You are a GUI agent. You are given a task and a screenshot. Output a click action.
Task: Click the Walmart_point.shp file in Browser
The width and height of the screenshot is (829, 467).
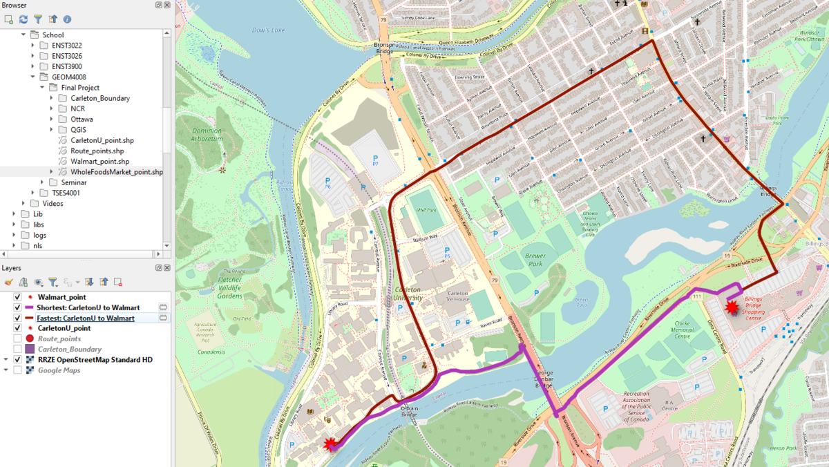(x=99, y=162)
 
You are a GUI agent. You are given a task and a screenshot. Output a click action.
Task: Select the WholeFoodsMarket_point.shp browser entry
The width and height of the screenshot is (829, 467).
(x=116, y=172)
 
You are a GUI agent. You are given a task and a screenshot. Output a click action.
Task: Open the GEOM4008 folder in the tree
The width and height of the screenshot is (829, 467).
(x=68, y=77)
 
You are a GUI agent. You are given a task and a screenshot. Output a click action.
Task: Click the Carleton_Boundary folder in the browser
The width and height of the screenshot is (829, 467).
(x=99, y=98)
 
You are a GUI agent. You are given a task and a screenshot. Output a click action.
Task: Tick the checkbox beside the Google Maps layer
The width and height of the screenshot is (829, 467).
(x=18, y=370)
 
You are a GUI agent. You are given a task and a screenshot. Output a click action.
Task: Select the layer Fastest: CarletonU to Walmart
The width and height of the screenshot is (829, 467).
(x=85, y=318)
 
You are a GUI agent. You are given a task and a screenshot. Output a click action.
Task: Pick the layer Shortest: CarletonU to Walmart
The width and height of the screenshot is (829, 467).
(x=88, y=307)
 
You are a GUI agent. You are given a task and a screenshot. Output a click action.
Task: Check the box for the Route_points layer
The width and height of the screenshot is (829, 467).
(x=18, y=339)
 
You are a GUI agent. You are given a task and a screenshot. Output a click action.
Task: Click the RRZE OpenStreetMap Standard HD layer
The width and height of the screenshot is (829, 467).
(x=95, y=360)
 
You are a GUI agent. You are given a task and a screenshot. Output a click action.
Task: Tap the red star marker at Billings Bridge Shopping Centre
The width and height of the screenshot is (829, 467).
(x=732, y=307)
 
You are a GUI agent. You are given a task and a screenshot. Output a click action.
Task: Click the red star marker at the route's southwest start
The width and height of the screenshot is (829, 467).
(x=331, y=444)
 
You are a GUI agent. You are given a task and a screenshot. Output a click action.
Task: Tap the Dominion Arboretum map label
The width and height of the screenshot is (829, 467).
(x=207, y=135)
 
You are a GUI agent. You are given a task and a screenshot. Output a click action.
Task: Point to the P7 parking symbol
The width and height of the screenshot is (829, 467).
(x=375, y=161)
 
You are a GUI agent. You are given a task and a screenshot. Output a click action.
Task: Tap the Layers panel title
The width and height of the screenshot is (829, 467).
(x=11, y=267)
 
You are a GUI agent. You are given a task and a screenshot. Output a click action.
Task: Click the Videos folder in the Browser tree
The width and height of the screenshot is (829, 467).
(x=53, y=204)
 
